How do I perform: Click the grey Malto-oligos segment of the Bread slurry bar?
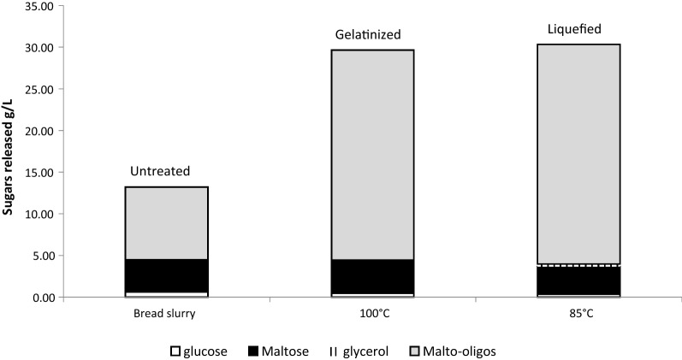pyautogui.click(x=167, y=222)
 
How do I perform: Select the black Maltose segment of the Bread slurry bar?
pyautogui.click(x=167, y=275)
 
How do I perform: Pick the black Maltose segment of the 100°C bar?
pyautogui.click(x=372, y=276)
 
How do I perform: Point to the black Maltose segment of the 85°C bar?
pyautogui.click(x=578, y=280)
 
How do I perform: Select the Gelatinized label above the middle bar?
pyautogui.click(x=368, y=34)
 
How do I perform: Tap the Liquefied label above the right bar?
pyautogui.click(x=574, y=29)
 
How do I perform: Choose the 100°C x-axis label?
pyautogui.click(x=372, y=314)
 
